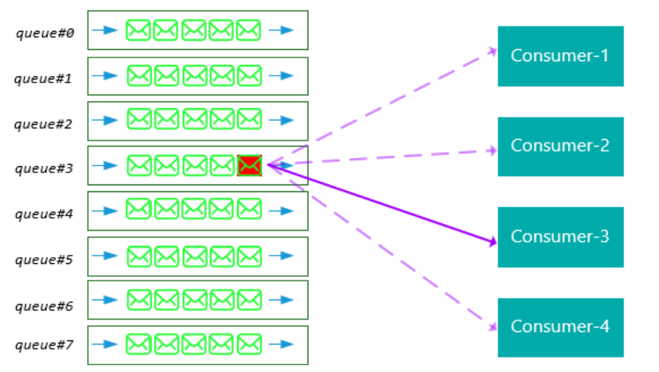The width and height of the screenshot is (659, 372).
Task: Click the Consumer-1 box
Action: [x=560, y=56]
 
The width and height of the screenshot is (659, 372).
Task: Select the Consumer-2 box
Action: [x=560, y=146]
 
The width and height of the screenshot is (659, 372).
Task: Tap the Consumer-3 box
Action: [x=560, y=237]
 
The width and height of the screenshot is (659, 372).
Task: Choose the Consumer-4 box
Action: [x=560, y=327]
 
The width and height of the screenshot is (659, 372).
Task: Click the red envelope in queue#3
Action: [x=249, y=165]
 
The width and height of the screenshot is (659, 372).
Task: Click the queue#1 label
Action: [x=45, y=78]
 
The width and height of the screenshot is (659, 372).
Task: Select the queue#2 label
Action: [x=45, y=123]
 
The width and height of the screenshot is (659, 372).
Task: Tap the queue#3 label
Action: [x=45, y=168]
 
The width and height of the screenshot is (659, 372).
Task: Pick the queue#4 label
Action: [x=45, y=214]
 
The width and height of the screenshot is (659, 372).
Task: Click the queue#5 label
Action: [x=45, y=260]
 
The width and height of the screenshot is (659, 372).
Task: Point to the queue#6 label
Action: [x=45, y=305]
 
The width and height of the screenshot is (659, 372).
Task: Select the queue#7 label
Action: [x=45, y=345]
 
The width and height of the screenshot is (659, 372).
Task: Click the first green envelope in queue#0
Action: [x=138, y=30]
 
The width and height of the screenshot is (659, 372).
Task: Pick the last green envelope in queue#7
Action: [x=249, y=344]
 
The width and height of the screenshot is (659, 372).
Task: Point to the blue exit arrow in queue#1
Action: [x=280, y=76]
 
